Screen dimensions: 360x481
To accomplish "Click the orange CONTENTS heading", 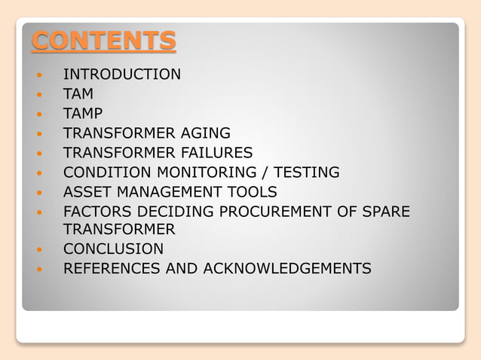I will pyautogui.click(x=103, y=41).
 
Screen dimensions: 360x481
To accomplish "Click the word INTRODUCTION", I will pyautogui.click(x=121, y=75).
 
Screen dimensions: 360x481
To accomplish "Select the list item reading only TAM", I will pyautogui.click(x=78, y=94).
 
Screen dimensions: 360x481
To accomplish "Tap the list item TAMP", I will pyautogui.click(x=83, y=114).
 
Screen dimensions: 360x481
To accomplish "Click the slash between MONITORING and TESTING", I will pyautogui.click(x=259, y=172).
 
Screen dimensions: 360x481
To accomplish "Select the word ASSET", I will pyautogui.click(x=87, y=192).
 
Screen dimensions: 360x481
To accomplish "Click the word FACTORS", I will pyautogui.click(x=97, y=212).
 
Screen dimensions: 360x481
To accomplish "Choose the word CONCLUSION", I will pyautogui.click(x=113, y=249).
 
